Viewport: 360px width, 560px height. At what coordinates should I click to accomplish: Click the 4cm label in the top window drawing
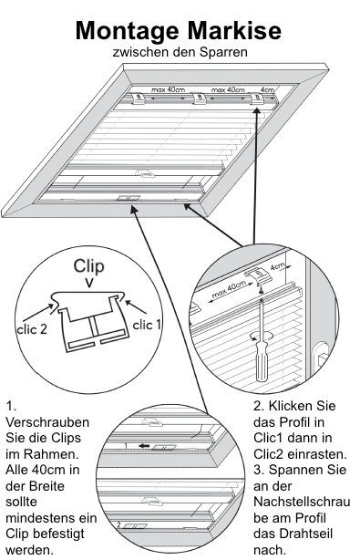click(266, 90)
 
